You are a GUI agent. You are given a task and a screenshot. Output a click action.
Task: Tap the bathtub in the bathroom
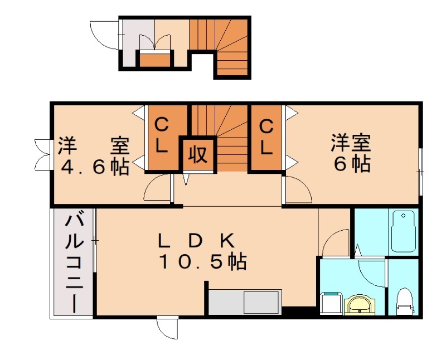coord(404,231)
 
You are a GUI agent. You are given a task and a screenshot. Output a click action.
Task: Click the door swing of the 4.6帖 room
coord(157,188)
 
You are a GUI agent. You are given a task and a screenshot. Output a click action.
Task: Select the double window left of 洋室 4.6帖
coord(42,153)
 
